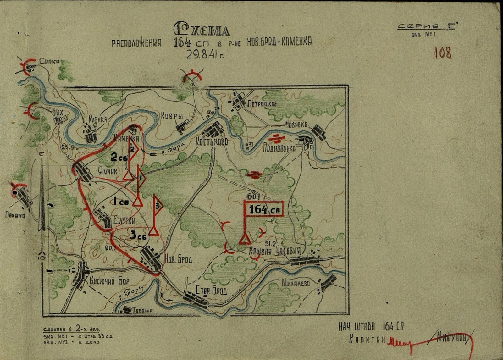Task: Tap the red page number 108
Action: tap(442, 53)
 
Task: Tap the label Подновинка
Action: tap(279, 148)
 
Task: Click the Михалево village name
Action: tap(296, 283)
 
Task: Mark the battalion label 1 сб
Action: tap(121, 202)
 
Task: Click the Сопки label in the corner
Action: tap(50, 61)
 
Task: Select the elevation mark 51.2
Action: tap(270, 243)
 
